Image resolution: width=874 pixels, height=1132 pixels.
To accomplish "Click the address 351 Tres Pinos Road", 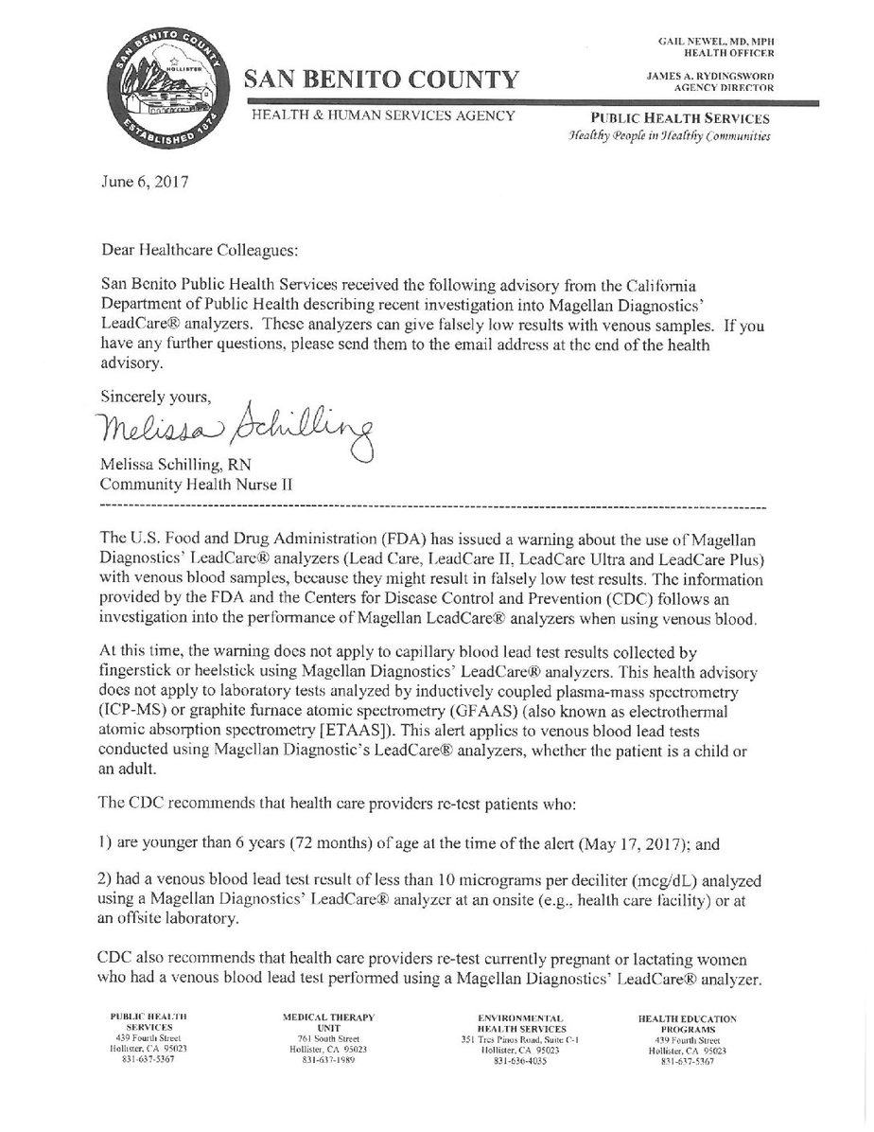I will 499,1038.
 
